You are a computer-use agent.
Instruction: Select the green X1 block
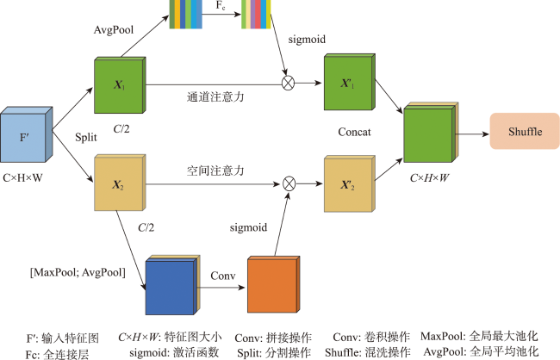tap(117, 85)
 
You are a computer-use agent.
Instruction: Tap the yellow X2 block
tap(117, 183)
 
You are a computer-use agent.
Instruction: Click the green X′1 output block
tap(347, 85)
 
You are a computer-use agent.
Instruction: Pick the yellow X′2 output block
tap(347, 183)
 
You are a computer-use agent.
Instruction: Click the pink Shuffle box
tap(520, 130)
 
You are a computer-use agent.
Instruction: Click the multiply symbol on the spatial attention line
tap(289, 183)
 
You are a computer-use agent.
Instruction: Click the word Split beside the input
tap(85, 138)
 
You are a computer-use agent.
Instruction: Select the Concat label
tap(355, 133)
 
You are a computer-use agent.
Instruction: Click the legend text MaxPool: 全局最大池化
tap(479, 336)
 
